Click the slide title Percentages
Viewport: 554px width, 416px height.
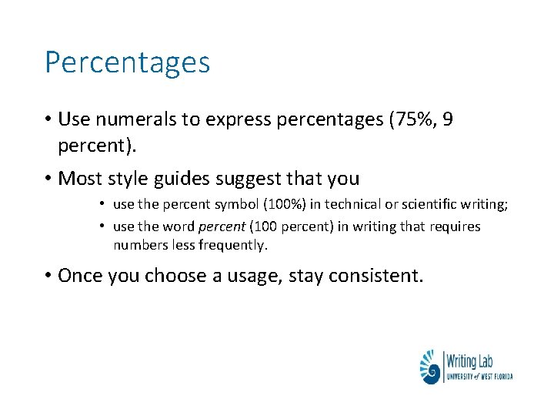127,62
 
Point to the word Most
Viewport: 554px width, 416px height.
80,179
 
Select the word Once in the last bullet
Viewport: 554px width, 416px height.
80,276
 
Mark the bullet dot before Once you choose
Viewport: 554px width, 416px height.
48,276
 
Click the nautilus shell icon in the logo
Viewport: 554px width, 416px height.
431,367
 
